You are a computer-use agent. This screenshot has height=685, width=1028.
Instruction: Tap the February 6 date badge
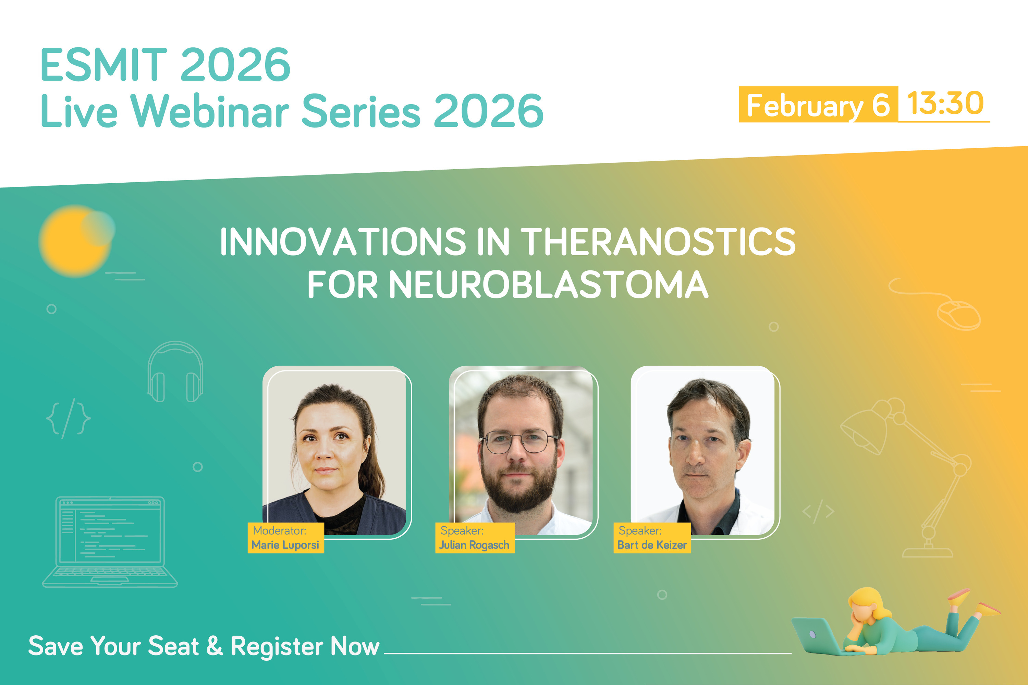point(818,105)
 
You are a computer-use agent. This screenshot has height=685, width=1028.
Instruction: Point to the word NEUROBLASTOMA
point(548,285)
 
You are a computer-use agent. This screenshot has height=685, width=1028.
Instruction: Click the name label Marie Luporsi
point(285,545)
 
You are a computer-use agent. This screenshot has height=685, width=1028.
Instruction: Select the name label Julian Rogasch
point(475,545)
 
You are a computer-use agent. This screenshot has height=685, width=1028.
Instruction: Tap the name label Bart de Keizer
point(652,545)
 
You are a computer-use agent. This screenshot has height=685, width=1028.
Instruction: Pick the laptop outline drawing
point(110,542)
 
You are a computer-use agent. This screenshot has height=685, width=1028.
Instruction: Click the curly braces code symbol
point(68,418)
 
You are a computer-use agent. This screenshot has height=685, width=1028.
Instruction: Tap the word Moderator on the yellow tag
point(279,531)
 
